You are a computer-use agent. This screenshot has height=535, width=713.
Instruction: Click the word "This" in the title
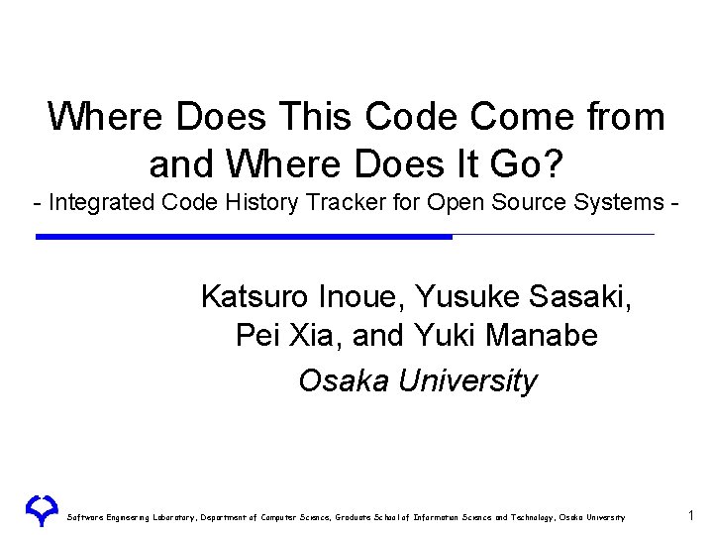click(318, 117)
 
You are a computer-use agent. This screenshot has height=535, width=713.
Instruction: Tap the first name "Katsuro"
click(255, 296)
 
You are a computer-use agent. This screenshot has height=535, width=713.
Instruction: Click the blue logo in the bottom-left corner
click(42, 511)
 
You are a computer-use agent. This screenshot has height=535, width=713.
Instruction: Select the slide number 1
click(691, 514)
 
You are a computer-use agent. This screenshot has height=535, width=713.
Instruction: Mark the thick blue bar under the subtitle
click(244, 237)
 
